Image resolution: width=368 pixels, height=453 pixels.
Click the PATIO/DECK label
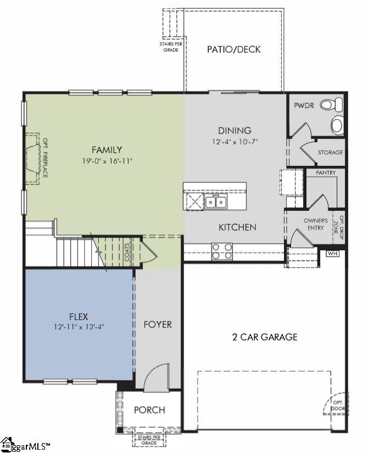tap(233, 49)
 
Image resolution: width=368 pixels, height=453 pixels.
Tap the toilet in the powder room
tap(331, 104)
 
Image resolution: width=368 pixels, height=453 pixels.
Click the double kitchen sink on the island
tap(216, 202)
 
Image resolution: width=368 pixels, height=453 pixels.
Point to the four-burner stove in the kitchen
tap(222, 251)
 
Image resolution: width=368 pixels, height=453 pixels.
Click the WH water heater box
tap(333, 254)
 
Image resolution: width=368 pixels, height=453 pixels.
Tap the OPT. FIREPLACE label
tap(46, 158)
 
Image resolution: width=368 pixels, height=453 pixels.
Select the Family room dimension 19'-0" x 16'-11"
tap(107, 161)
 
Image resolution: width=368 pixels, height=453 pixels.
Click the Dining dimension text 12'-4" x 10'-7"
tap(235, 142)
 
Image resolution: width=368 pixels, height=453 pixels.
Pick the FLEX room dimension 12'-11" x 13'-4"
tap(79, 327)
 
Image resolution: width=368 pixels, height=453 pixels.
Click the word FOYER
tap(158, 325)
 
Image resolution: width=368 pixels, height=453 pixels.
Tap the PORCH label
tap(149, 410)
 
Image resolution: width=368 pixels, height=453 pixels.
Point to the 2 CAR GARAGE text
tap(265, 337)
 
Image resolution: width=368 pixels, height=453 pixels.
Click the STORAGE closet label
tap(331, 152)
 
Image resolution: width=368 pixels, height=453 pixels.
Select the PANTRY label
tap(326, 172)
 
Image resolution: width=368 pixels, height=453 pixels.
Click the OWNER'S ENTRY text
tap(316, 224)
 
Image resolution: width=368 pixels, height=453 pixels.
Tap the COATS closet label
tap(127, 252)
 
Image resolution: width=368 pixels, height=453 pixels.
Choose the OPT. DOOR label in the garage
tap(338, 405)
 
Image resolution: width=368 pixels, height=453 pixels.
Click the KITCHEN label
tap(237, 227)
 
